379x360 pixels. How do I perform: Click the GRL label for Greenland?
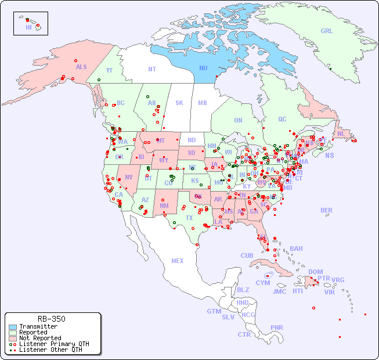tap(327, 31)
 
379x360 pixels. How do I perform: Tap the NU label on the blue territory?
tap(203, 68)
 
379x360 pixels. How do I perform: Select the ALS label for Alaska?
tap(81, 67)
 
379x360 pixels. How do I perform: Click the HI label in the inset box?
tap(28, 27)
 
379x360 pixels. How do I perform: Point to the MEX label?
tap(178, 261)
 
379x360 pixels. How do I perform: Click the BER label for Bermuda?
tap(327, 210)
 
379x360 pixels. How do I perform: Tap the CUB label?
tap(247, 255)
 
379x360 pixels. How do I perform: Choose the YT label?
tap(109, 71)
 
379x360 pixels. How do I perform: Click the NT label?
tap(151, 69)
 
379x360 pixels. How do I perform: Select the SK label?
tap(179, 103)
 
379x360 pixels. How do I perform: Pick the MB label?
tap(203, 103)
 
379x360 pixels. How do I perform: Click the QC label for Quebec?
tap(282, 119)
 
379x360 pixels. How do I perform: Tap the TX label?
tap(189, 218)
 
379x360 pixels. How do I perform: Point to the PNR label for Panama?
tap(277, 327)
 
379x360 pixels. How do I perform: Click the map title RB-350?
tap(52, 319)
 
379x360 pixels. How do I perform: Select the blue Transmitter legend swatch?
tap(13, 326)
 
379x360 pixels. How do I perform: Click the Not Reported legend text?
tap(39, 338)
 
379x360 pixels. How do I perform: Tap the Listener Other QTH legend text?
tap(50, 350)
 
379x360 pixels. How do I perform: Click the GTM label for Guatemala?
tap(214, 311)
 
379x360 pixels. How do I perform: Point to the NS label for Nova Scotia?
tap(329, 156)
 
